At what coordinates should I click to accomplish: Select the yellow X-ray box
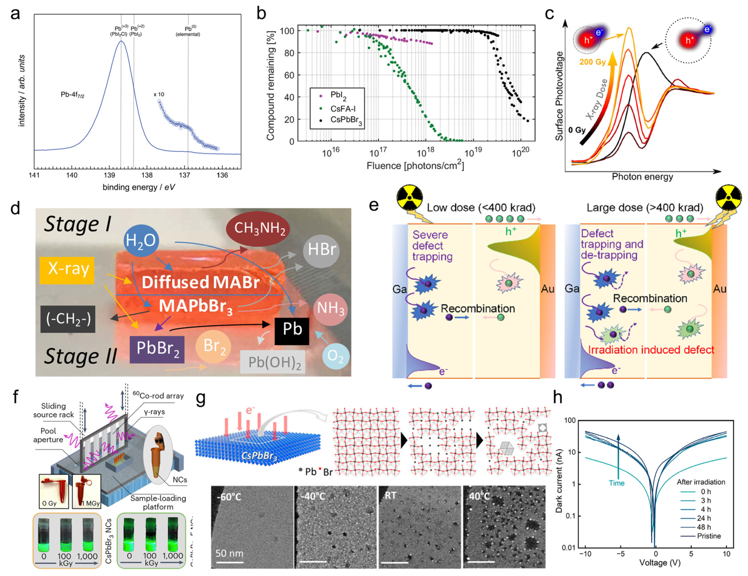67,269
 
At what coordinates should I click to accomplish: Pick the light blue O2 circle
335,356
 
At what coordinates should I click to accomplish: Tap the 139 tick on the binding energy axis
109,175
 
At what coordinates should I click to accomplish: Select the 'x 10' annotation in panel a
159,94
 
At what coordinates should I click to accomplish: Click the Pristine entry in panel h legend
708,536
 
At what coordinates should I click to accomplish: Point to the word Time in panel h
616,483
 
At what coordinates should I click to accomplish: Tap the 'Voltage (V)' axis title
659,563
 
